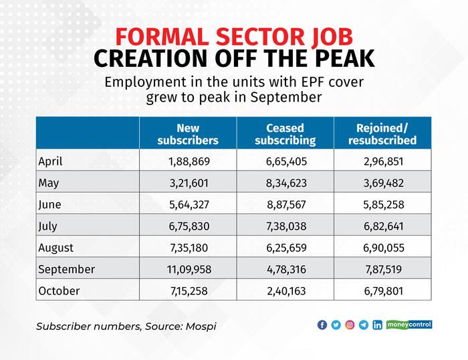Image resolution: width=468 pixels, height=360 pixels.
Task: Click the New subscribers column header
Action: click(x=188, y=134)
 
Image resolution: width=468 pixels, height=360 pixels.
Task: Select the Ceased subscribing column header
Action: click(x=285, y=134)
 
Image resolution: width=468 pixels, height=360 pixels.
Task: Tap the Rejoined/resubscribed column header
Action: click(x=382, y=134)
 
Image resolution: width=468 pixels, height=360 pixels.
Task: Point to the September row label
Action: click(x=67, y=270)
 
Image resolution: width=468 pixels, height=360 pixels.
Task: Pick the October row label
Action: click(x=59, y=291)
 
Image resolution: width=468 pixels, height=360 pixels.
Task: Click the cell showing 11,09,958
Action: click(x=188, y=270)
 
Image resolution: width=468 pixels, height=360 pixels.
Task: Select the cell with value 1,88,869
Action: click(x=188, y=161)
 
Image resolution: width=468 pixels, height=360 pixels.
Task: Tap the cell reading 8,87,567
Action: click(x=285, y=205)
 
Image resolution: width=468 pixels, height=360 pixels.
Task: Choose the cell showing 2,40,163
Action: click(x=285, y=291)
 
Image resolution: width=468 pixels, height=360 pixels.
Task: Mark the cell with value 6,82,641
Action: click(x=382, y=226)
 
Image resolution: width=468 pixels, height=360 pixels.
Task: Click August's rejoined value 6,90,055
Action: click(x=382, y=248)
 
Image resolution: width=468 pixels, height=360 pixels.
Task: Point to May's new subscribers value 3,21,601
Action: click(x=188, y=183)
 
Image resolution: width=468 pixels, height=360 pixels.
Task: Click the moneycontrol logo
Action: click(x=409, y=325)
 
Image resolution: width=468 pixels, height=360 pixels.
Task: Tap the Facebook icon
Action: click(x=322, y=325)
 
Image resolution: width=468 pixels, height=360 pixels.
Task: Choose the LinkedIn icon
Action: click(x=377, y=325)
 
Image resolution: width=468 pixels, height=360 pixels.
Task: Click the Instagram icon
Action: click(x=350, y=325)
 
